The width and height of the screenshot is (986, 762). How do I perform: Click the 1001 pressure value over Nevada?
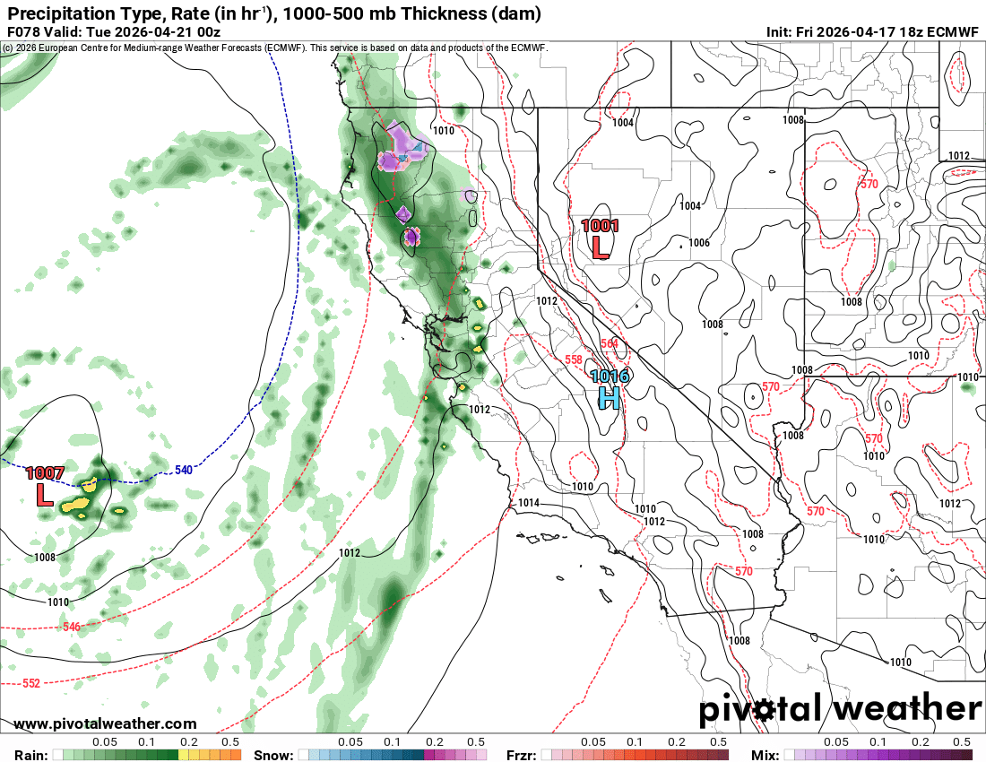coord(600,226)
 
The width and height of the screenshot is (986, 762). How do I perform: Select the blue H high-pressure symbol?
coord(609,396)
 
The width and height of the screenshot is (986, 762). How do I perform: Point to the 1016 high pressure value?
coord(609,377)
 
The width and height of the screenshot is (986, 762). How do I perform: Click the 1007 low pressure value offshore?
coord(44,472)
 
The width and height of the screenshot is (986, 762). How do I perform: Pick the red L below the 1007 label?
coord(43,494)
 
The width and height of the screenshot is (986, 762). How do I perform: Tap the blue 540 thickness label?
coord(184,470)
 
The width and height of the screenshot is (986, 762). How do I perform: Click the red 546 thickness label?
coord(73,626)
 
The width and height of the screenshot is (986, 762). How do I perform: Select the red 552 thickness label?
coord(30,683)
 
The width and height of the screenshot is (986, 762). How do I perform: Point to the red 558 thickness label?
coord(574,359)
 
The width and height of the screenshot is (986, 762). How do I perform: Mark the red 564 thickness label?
coord(610,344)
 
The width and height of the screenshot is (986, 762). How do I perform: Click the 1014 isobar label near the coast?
coord(529,503)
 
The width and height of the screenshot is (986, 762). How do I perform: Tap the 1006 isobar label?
coord(699,243)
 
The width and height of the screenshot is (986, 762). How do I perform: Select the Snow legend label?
coord(272,755)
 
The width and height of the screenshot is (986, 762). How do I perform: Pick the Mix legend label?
coord(765,755)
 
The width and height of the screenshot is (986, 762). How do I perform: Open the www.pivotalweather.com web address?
coord(105,723)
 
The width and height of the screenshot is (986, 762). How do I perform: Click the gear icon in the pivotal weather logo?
coord(765,711)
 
